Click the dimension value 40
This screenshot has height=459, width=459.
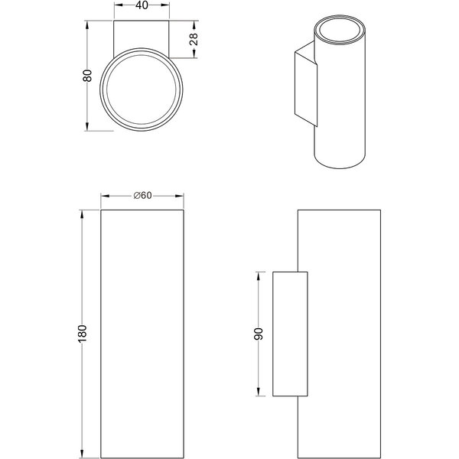(x=142, y=5)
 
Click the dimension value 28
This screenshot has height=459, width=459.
(x=194, y=39)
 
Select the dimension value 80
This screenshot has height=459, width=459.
(x=87, y=76)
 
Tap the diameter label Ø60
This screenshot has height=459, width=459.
(x=142, y=195)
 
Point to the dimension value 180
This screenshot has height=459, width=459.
(x=83, y=333)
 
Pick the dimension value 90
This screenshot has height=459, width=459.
(x=259, y=334)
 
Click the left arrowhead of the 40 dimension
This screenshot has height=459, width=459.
(x=118, y=5)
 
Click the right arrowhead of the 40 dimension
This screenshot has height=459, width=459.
(x=165, y=5)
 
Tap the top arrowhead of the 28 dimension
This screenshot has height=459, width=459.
(x=194, y=25)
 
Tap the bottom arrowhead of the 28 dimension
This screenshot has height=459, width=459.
(x=194, y=54)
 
